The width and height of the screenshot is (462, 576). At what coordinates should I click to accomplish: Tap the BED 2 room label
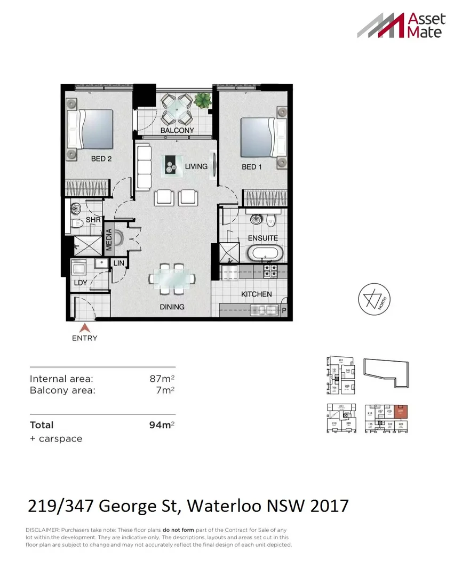pos(101,159)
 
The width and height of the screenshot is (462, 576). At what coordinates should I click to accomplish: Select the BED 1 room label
pos(252,167)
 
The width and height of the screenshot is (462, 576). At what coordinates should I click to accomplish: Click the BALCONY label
pos(177,130)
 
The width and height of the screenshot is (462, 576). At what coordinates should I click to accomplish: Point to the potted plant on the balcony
pos(202,100)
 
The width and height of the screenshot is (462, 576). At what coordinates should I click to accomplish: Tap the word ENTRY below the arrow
pos(84,338)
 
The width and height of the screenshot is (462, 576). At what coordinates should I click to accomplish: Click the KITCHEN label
pos(256,294)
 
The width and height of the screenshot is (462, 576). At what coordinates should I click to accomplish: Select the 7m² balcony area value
pos(167,390)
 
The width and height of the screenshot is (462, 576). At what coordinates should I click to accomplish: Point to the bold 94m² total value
pos(162,426)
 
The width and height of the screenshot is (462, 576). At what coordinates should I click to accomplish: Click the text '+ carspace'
pos(56,439)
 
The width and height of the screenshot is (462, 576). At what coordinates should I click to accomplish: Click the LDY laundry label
pos(81,283)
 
